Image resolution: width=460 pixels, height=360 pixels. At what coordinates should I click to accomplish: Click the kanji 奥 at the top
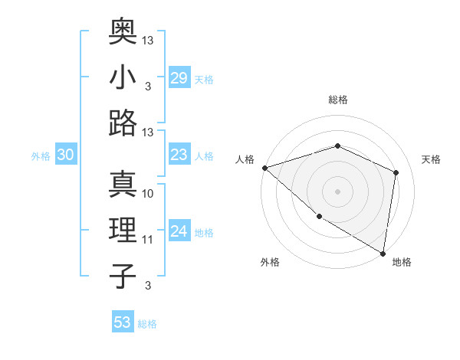[123, 31]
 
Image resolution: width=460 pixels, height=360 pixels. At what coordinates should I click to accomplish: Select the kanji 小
[123, 77]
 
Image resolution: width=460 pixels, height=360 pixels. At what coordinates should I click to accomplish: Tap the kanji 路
[123, 123]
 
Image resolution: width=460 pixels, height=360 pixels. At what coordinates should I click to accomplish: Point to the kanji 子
[123, 276]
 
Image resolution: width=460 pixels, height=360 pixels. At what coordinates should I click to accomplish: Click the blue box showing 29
[179, 78]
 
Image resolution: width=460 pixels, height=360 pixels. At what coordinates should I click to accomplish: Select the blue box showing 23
[179, 155]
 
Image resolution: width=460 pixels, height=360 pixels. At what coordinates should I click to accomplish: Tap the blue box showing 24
[179, 232]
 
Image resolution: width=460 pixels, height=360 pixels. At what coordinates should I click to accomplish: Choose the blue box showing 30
[65, 155]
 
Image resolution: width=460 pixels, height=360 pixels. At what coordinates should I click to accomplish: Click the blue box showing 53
[123, 322]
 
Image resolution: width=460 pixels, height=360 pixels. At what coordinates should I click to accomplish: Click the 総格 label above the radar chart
[338, 100]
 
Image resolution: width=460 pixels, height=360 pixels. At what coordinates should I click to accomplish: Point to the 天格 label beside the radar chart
[431, 159]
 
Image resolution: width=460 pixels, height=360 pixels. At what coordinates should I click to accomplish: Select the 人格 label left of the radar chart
[245, 159]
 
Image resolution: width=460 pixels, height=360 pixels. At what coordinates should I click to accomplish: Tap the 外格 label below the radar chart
[270, 262]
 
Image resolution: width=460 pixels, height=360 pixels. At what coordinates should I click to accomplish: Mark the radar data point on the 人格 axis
[264, 168]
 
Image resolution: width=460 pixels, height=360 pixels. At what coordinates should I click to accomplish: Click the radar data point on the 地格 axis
[383, 253]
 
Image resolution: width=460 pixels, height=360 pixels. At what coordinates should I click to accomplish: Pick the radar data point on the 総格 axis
[338, 146]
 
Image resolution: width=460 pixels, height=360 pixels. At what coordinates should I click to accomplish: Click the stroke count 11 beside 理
[148, 240]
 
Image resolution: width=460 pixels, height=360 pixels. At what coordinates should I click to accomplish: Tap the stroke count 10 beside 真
[148, 194]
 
